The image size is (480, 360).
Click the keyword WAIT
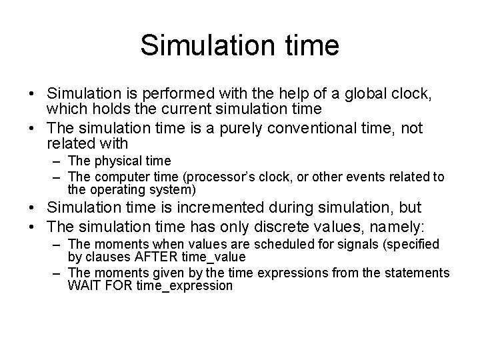pyautogui.click(x=83, y=286)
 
